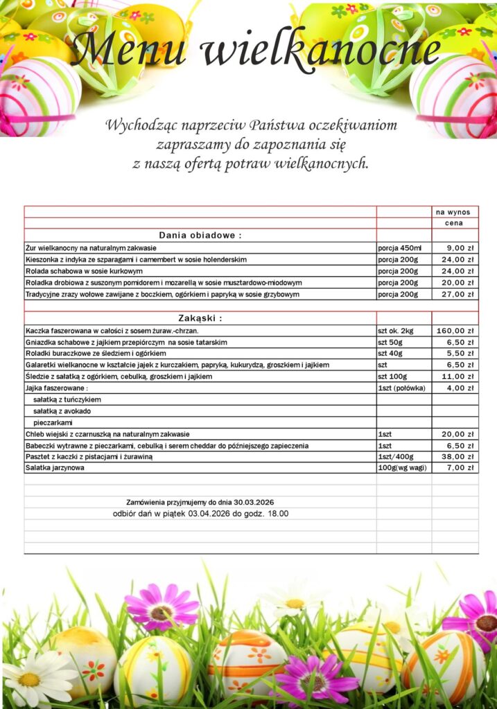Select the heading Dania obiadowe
(x=200, y=235)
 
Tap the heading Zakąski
(x=200, y=318)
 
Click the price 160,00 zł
(x=455, y=330)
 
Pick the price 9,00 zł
(x=460, y=247)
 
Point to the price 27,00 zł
(x=457, y=294)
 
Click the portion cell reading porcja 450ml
(x=400, y=247)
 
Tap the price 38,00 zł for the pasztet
(x=457, y=457)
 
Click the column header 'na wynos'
(x=453, y=212)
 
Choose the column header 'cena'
(x=454, y=224)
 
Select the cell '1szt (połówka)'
(x=401, y=388)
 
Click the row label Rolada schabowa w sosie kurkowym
(x=84, y=271)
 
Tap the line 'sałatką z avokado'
(x=62, y=411)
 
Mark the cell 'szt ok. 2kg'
(x=395, y=330)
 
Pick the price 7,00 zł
(x=460, y=468)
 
